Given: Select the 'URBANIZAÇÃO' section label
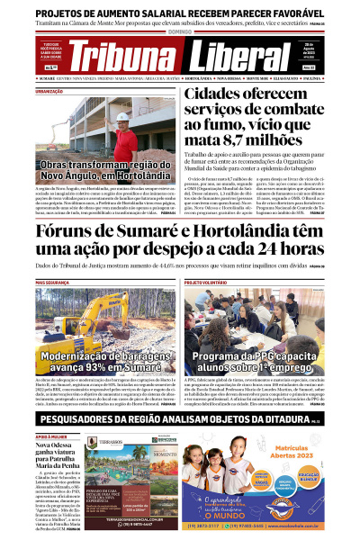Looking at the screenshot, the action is pyautogui.click(x=50, y=89).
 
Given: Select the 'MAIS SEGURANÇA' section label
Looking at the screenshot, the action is pyautogui.click(x=55, y=283).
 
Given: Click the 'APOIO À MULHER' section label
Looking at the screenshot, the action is pyautogui.click(x=54, y=436).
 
